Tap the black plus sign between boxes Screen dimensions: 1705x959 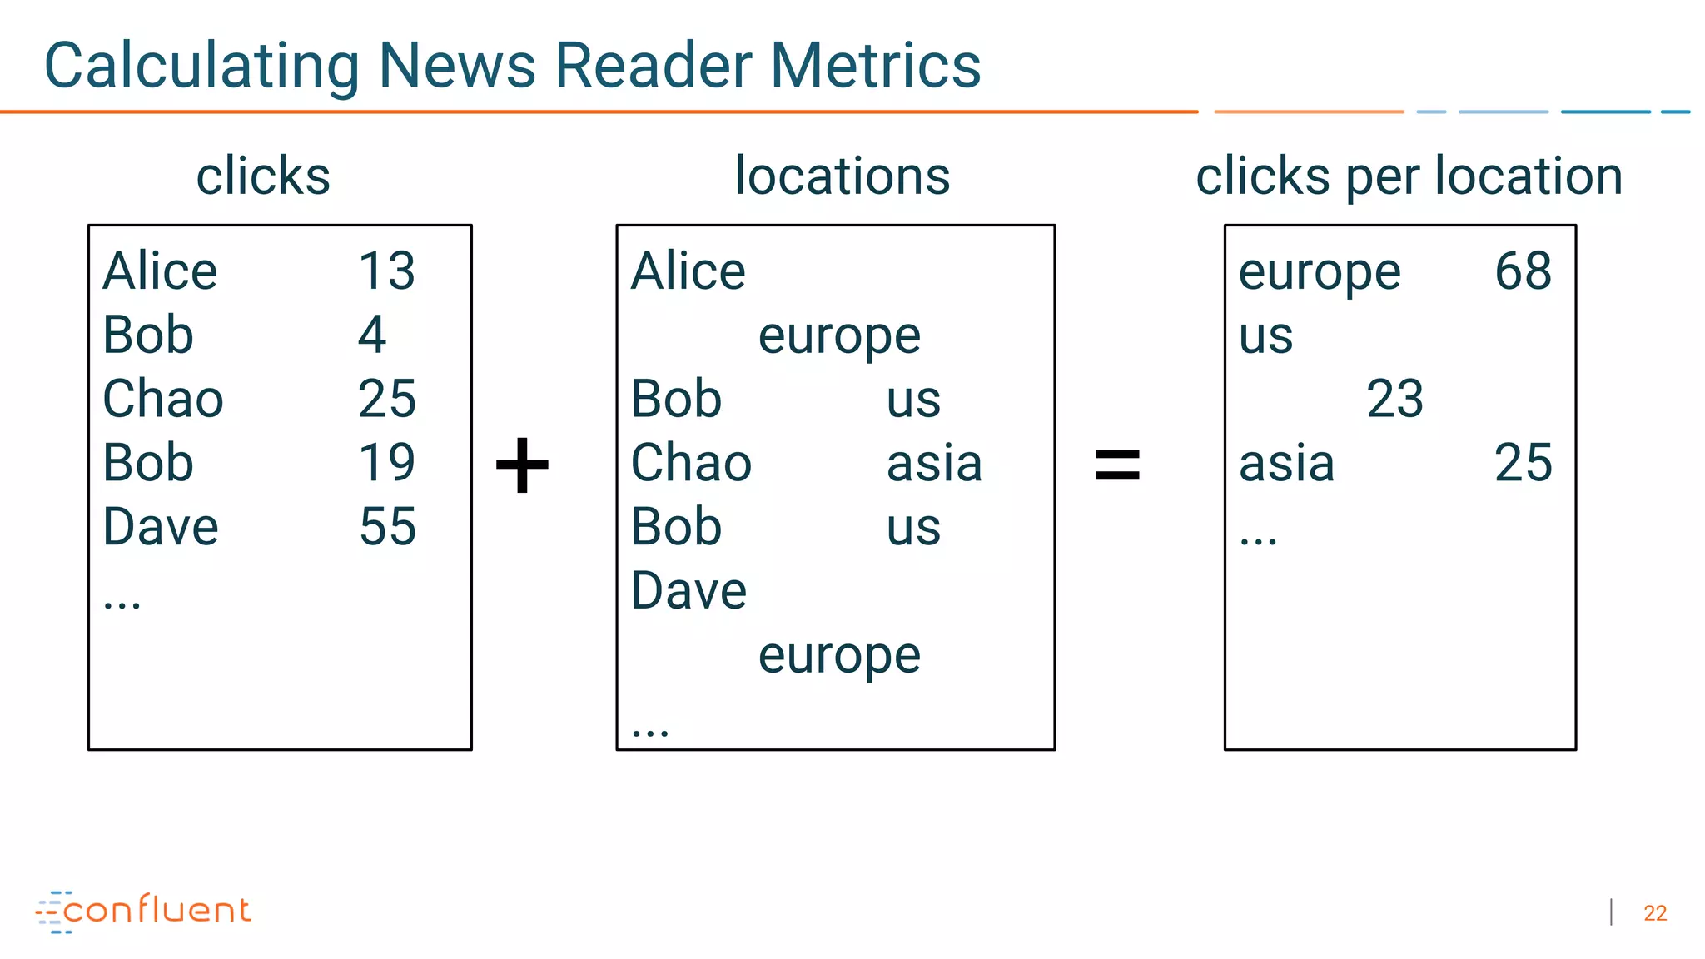point(522,465)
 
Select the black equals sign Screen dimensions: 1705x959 point(1116,465)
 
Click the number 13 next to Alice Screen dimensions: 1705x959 point(386,271)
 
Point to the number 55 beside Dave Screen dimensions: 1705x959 point(387,526)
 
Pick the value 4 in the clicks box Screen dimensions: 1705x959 point(372,335)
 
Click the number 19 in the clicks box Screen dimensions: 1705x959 point(386,462)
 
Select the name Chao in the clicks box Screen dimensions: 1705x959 point(163,399)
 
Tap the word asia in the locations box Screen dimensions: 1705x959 point(934,463)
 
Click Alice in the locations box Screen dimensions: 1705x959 point(688,271)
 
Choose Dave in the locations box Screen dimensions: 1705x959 point(688,590)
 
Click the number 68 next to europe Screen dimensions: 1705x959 point(1523,271)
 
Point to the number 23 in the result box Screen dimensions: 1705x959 point(1394,399)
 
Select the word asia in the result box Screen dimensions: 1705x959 point(1286,463)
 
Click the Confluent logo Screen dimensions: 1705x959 point(143,911)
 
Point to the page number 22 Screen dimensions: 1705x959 point(1654,913)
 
